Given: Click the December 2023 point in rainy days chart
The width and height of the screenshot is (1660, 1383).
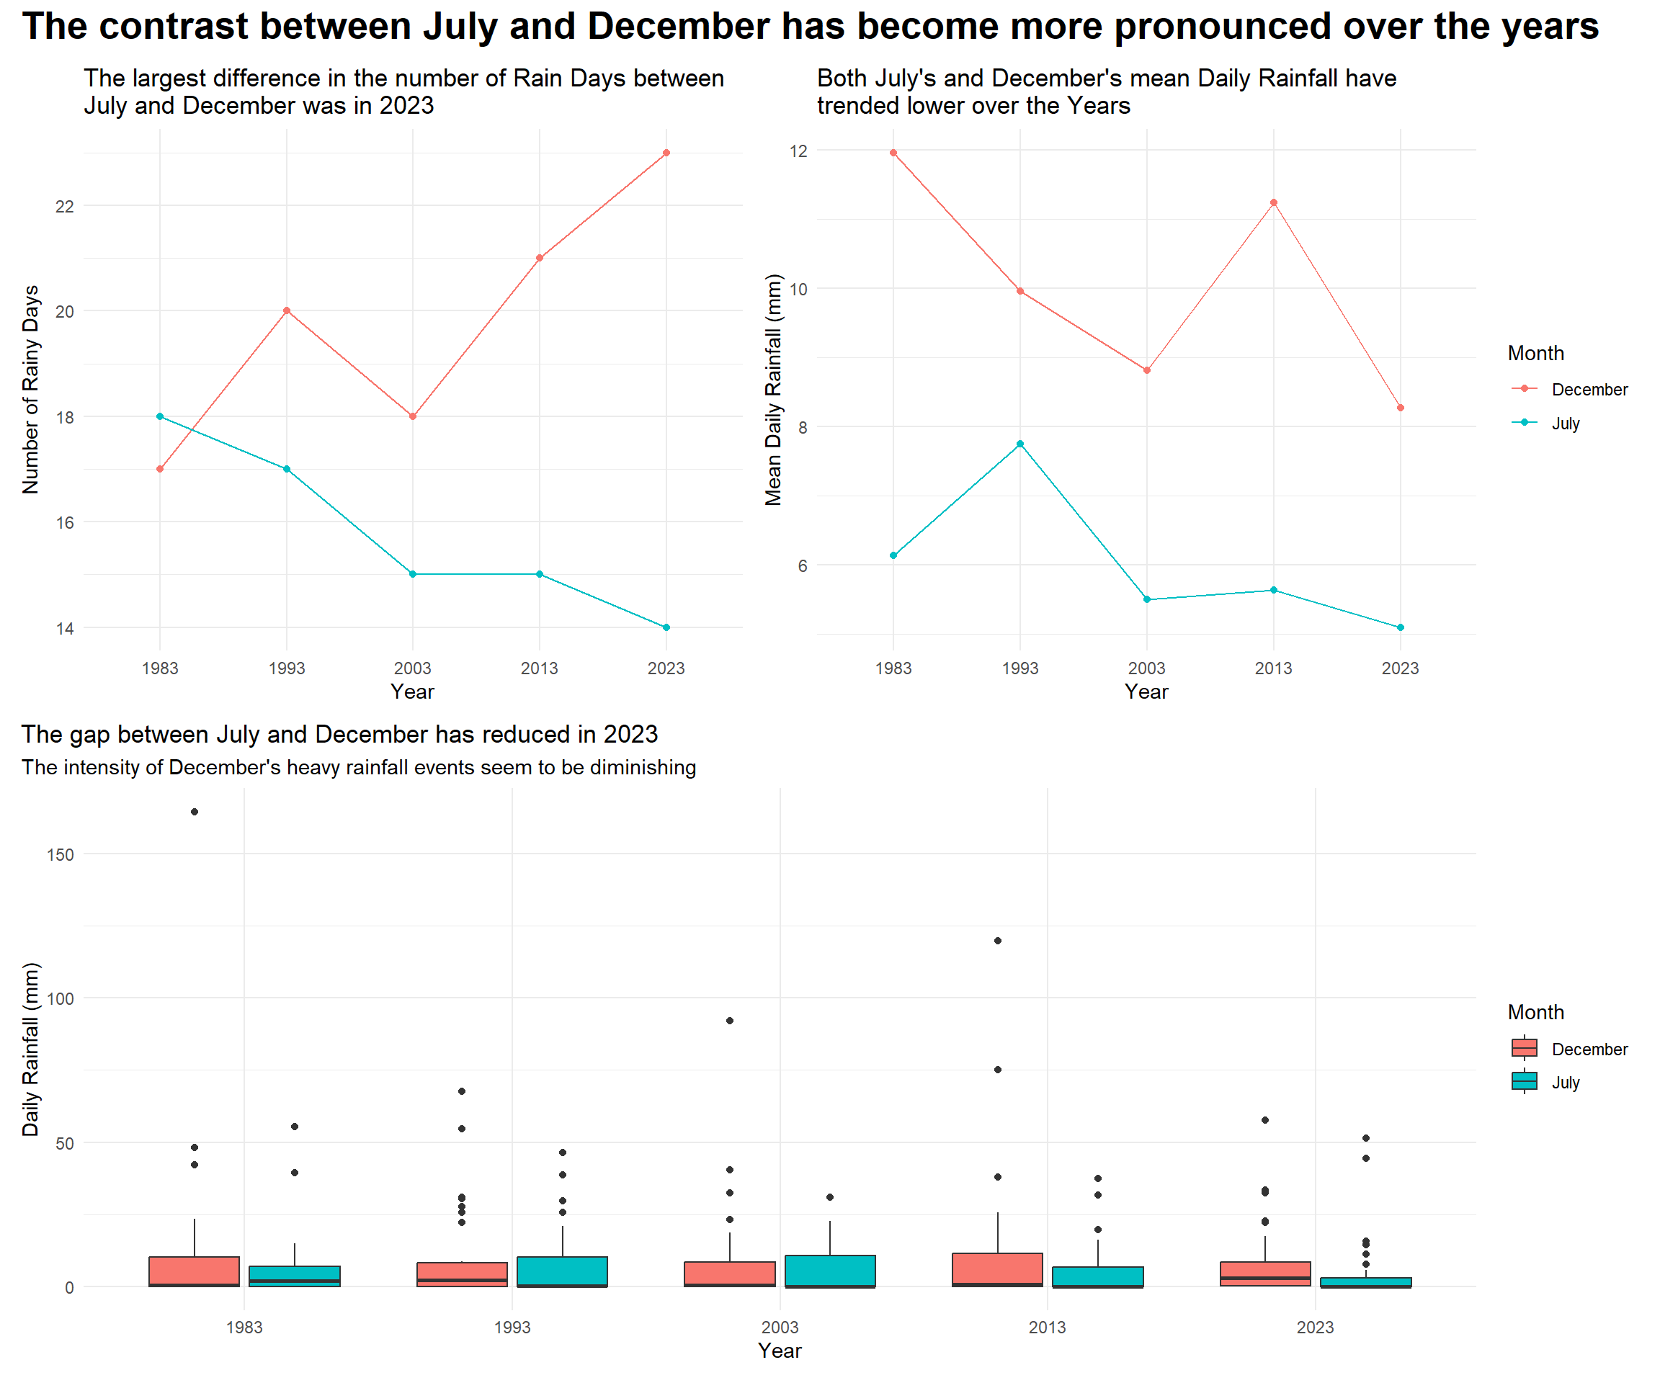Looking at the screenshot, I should (666, 153).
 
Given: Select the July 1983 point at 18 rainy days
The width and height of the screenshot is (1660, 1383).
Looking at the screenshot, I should (160, 416).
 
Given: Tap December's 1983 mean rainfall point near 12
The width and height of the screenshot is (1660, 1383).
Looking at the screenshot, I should (893, 153).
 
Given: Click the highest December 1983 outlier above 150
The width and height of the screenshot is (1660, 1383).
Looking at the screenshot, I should (195, 812).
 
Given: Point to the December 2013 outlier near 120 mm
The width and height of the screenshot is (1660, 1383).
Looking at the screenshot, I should (998, 941).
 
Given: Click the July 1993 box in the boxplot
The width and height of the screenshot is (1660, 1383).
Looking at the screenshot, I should (562, 1271).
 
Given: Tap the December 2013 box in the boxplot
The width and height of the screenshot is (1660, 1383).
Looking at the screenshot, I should (998, 1269).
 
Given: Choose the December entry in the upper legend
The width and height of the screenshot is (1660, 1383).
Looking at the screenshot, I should (1589, 390).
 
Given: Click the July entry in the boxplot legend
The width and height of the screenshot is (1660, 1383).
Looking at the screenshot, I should (1565, 1083).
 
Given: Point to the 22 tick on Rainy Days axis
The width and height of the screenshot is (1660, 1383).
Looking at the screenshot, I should (65, 206).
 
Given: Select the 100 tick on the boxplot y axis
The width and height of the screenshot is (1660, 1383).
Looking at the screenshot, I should (60, 998).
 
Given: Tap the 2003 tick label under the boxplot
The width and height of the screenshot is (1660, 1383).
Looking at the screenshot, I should (780, 1328).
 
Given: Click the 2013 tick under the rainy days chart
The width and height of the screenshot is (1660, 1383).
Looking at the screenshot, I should (539, 668).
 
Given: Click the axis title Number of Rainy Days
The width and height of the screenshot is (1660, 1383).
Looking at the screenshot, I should (31, 390).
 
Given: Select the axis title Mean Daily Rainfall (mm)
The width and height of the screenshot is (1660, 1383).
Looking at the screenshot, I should (773, 390).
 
